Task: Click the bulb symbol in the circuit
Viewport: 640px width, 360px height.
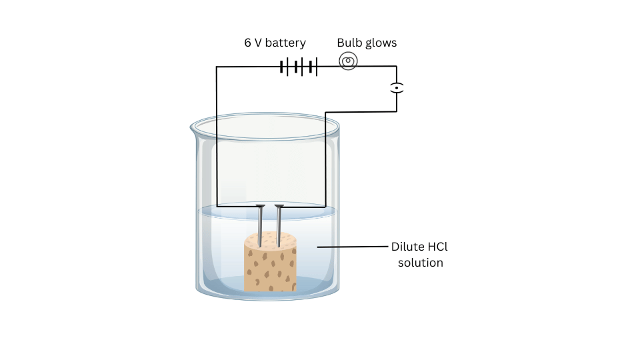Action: click(348, 62)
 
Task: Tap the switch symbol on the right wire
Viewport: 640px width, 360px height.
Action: click(397, 87)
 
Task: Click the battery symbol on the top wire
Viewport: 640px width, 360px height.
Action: click(298, 67)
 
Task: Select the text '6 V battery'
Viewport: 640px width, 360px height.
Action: click(275, 43)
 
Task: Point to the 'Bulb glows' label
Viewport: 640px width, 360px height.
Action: click(367, 43)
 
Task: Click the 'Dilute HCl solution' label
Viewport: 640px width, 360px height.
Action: click(419, 255)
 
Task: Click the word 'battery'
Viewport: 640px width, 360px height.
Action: click(285, 43)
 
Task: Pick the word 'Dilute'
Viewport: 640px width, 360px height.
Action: click(407, 247)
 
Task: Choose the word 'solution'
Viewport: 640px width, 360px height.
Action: click(420, 263)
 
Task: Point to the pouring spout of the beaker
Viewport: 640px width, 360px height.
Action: click(194, 127)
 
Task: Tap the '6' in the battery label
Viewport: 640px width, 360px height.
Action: click(247, 43)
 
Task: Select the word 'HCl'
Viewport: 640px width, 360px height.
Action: click(437, 247)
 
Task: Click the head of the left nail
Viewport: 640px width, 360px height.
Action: click(260, 205)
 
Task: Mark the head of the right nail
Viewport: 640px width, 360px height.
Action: click(279, 205)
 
